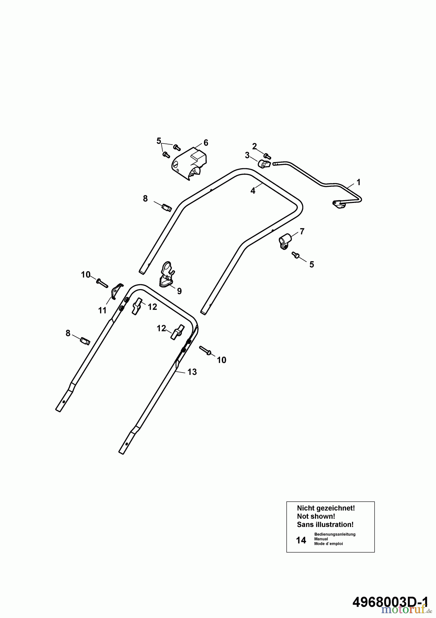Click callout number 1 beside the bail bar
(359, 182)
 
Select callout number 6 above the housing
(206, 142)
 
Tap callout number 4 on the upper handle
(253, 191)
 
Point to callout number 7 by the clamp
(302, 231)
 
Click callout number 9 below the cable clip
(179, 291)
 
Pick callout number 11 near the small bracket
(102, 310)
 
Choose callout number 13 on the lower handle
(192, 372)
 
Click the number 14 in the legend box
(301, 540)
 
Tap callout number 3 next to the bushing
(247, 156)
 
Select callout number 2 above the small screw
(254, 146)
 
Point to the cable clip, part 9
(167, 275)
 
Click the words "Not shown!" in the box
(316, 516)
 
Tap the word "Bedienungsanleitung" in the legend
(335, 534)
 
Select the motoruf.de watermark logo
(406, 610)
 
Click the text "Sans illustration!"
(325, 525)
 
